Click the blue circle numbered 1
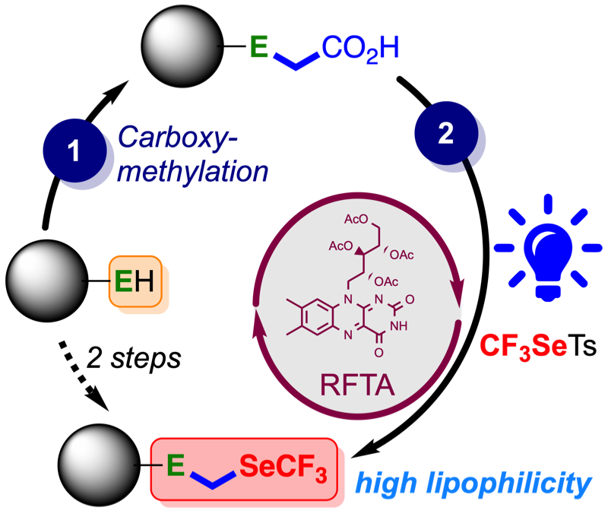click(74, 153)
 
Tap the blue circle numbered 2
click(446, 135)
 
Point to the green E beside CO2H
click(259, 49)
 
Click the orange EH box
click(135, 283)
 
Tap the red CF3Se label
click(523, 345)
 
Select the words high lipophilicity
click(473, 482)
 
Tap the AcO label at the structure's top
click(357, 221)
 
